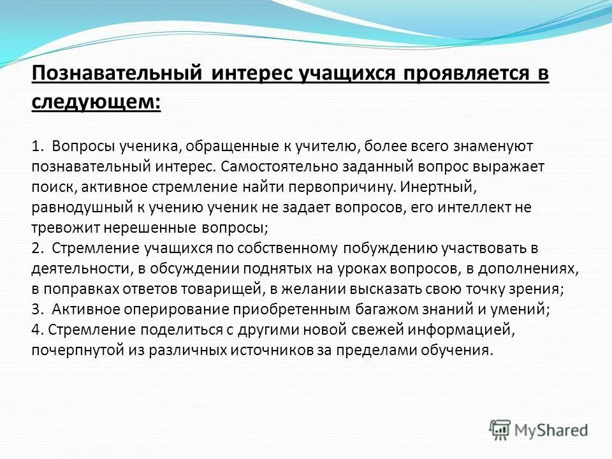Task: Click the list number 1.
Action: [36, 146]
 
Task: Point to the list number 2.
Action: [36, 248]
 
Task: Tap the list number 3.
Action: [36, 309]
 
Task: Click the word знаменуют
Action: [492, 146]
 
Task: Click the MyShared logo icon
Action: [501, 430]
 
